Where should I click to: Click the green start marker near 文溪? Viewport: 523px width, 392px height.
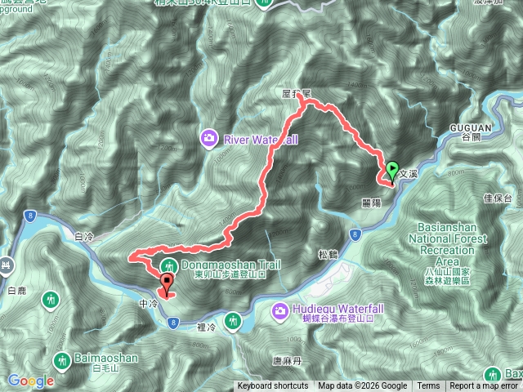[391, 171]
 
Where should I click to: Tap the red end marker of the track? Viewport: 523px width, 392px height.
[168, 284]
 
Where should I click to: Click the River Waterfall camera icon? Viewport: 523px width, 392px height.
[209, 139]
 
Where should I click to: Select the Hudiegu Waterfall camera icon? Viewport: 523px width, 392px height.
[279, 310]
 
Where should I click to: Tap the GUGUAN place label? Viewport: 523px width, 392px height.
[467, 127]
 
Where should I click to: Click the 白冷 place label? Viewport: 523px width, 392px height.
[84, 236]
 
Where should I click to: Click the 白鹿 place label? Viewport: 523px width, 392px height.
[16, 290]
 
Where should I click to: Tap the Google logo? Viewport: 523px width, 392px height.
[31, 381]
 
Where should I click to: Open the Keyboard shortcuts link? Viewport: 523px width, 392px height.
[273, 386]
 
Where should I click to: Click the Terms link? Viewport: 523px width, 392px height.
[427, 386]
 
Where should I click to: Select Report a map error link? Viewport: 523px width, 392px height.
[485, 386]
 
